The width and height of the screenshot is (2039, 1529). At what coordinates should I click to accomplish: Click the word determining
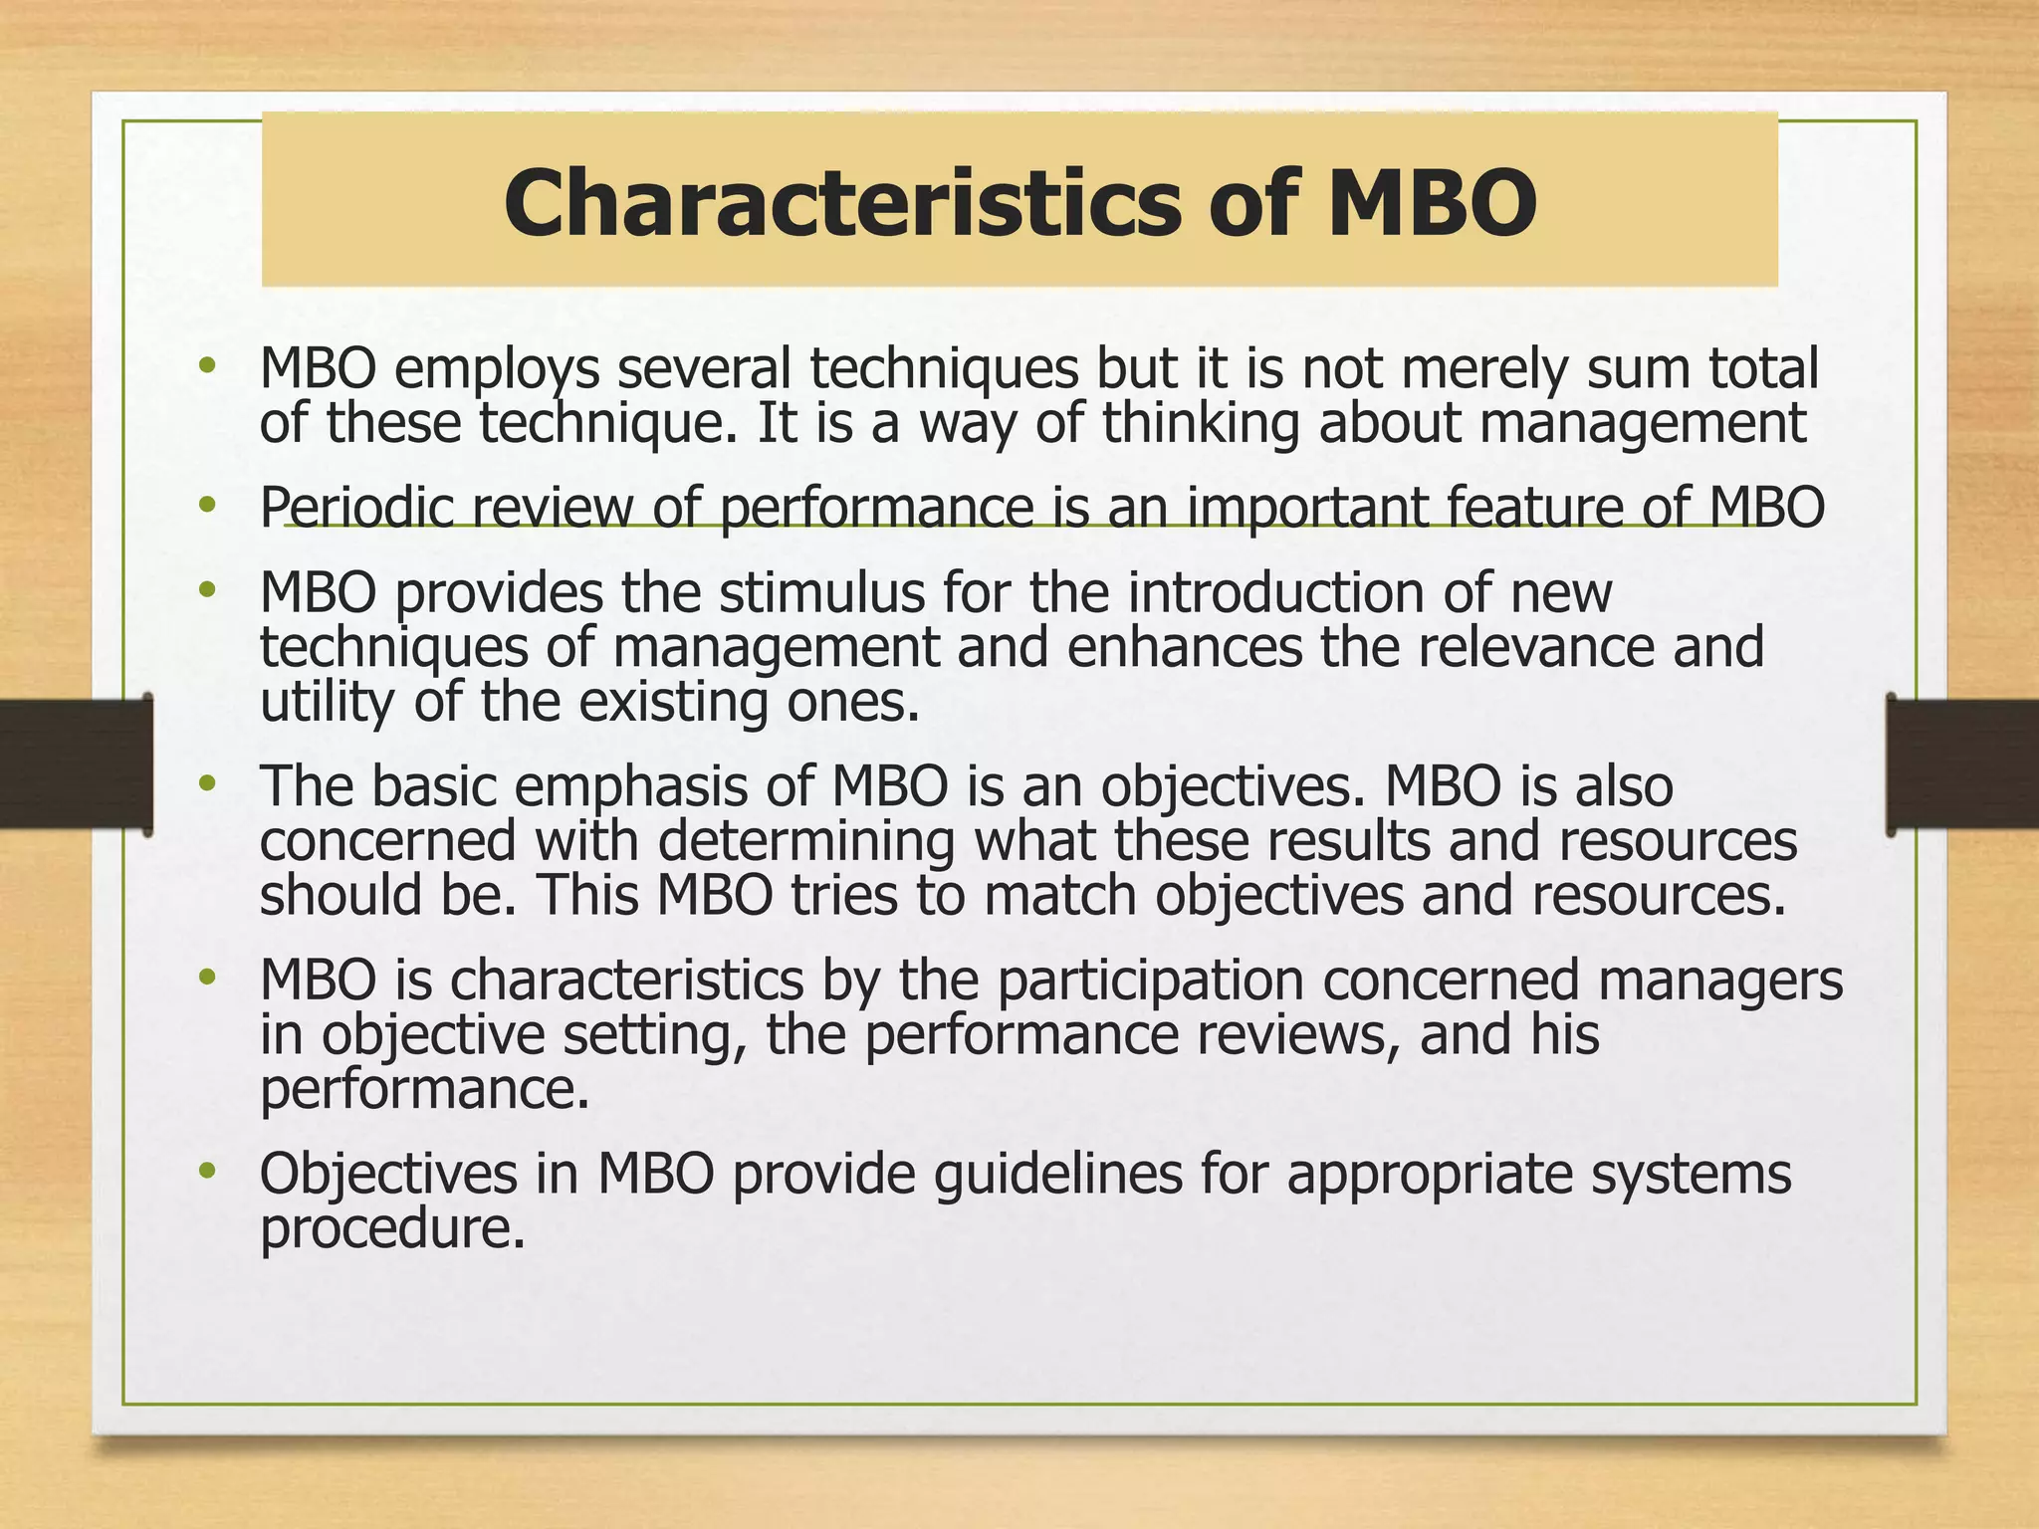[x=805, y=841]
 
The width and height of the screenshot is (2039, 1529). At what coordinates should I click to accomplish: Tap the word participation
[x=1150, y=981]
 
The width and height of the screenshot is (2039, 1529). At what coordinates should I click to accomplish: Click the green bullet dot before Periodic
[x=207, y=506]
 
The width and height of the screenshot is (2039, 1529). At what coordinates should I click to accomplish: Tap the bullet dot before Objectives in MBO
[x=207, y=1172]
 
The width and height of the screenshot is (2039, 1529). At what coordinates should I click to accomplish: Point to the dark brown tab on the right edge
[x=1962, y=764]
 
